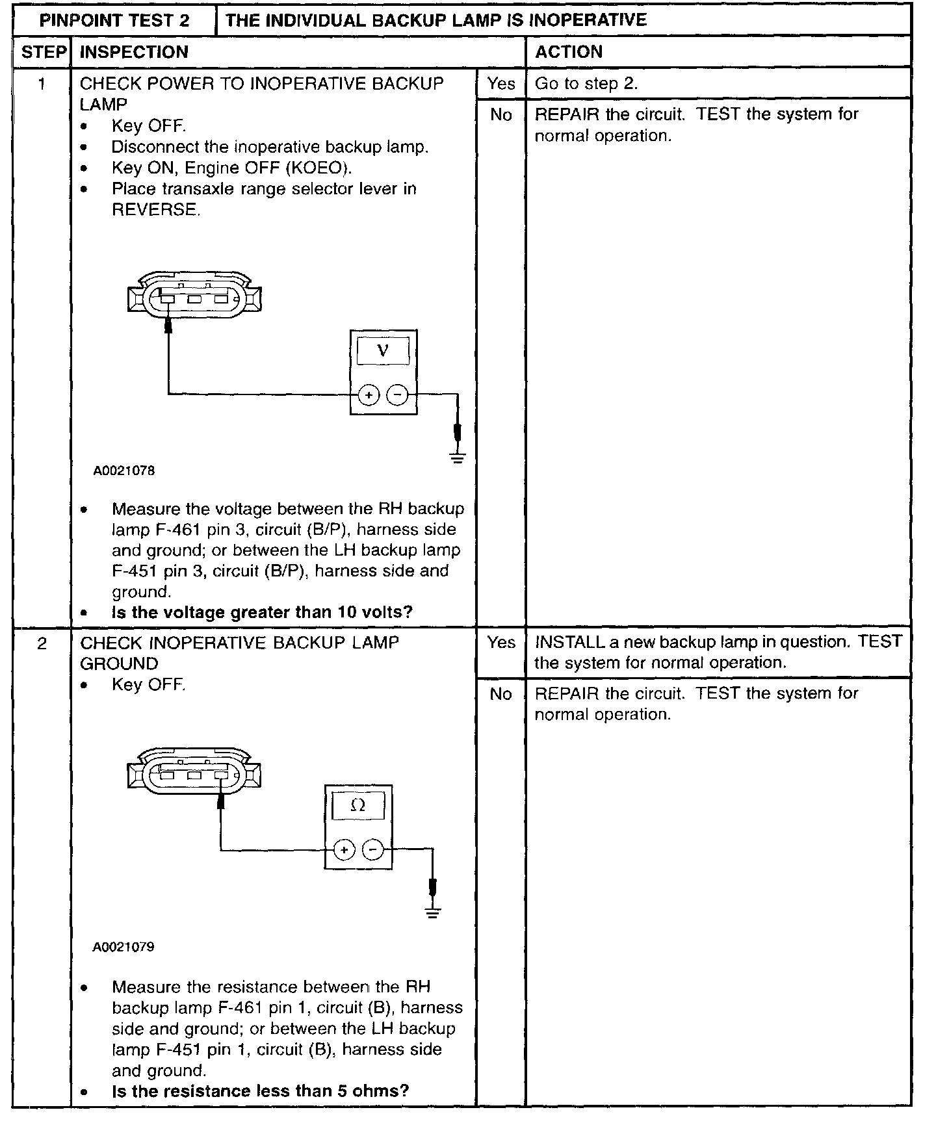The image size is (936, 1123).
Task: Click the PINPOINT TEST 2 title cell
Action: (114, 20)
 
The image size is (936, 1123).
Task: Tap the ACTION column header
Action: (569, 52)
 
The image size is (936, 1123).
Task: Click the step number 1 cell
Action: (42, 84)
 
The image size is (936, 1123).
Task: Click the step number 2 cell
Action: (42, 643)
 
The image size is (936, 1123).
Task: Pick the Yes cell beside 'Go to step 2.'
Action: (501, 84)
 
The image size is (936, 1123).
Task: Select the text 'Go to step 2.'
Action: (586, 84)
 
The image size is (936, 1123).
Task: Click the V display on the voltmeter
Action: (383, 352)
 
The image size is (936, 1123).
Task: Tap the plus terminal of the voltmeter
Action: (369, 394)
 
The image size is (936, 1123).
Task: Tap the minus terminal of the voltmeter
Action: (397, 394)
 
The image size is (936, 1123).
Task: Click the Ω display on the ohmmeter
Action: (357, 807)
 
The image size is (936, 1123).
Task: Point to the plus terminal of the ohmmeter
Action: (344, 849)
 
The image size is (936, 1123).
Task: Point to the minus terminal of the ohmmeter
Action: (372, 849)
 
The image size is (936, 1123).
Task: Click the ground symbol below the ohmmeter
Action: (433, 912)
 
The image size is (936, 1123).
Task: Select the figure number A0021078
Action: (124, 471)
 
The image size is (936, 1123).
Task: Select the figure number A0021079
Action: (123, 947)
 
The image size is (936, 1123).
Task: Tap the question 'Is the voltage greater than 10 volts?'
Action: (262, 612)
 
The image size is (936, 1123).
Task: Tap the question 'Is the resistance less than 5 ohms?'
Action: (260, 1091)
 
